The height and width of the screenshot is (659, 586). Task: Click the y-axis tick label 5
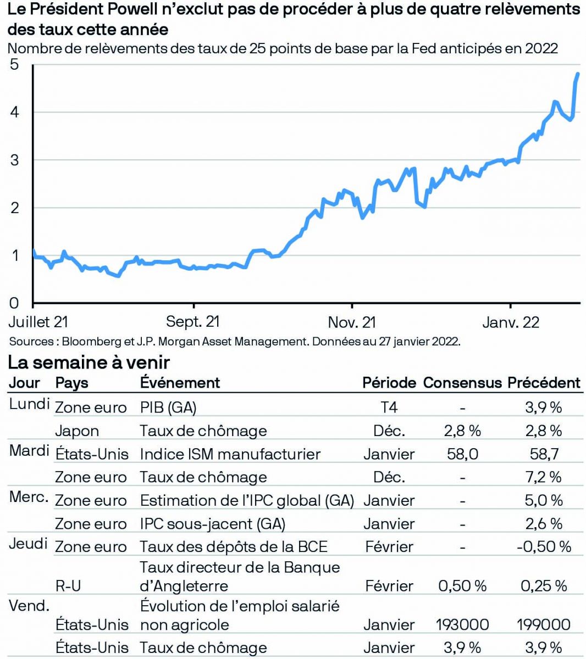[14, 65]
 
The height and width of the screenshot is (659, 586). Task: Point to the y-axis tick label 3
[14, 160]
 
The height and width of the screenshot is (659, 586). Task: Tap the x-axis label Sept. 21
[193, 322]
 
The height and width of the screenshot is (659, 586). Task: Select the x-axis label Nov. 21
[352, 322]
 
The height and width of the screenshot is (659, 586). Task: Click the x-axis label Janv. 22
[511, 322]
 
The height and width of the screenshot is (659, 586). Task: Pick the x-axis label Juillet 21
[38, 322]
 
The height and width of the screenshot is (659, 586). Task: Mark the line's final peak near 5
[578, 74]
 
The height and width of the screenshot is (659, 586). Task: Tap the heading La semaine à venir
[89, 362]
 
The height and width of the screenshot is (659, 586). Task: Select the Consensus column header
[462, 383]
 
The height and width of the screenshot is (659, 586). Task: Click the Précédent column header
[544, 383]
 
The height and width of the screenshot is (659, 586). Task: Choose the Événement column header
[180, 383]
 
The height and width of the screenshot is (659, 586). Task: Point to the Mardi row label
[29, 451]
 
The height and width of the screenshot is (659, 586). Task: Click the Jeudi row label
[28, 544]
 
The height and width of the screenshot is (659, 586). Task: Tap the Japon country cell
[77, 431]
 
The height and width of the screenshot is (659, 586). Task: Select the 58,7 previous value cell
[544, 454]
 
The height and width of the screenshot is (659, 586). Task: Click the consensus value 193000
[462, 624]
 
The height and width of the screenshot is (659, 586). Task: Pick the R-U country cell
[68, 586]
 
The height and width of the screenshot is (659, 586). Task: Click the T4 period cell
[389, 407]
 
